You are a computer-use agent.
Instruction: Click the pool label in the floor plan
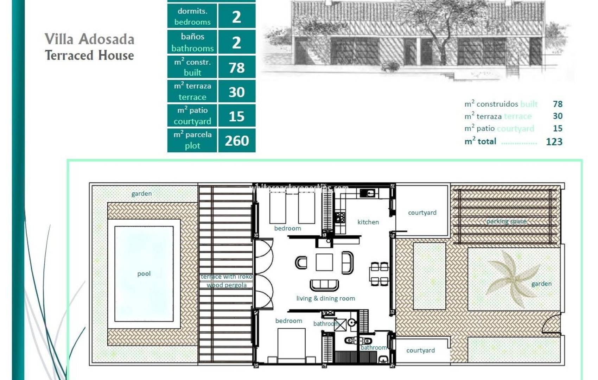144,274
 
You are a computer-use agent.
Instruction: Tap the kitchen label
368,222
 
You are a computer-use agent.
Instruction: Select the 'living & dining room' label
325,298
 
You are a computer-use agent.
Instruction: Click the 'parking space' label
506,221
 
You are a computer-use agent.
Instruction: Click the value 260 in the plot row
237,141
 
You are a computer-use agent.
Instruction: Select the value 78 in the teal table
237,68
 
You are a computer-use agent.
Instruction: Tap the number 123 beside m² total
554,142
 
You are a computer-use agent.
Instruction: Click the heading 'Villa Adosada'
89,39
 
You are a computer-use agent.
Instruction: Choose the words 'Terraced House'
89,56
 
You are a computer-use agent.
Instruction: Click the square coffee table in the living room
324,262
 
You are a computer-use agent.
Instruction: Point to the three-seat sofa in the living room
324,284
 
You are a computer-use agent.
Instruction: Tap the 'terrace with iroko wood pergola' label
227,281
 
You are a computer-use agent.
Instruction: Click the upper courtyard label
422,213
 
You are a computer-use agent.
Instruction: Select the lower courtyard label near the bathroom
420,350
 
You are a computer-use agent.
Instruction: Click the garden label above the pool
141,194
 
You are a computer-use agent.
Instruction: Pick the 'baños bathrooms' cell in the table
192,42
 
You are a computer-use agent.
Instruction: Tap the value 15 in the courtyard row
237,116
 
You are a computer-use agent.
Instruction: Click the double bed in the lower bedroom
291,343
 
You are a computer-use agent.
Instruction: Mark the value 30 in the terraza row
237,92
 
